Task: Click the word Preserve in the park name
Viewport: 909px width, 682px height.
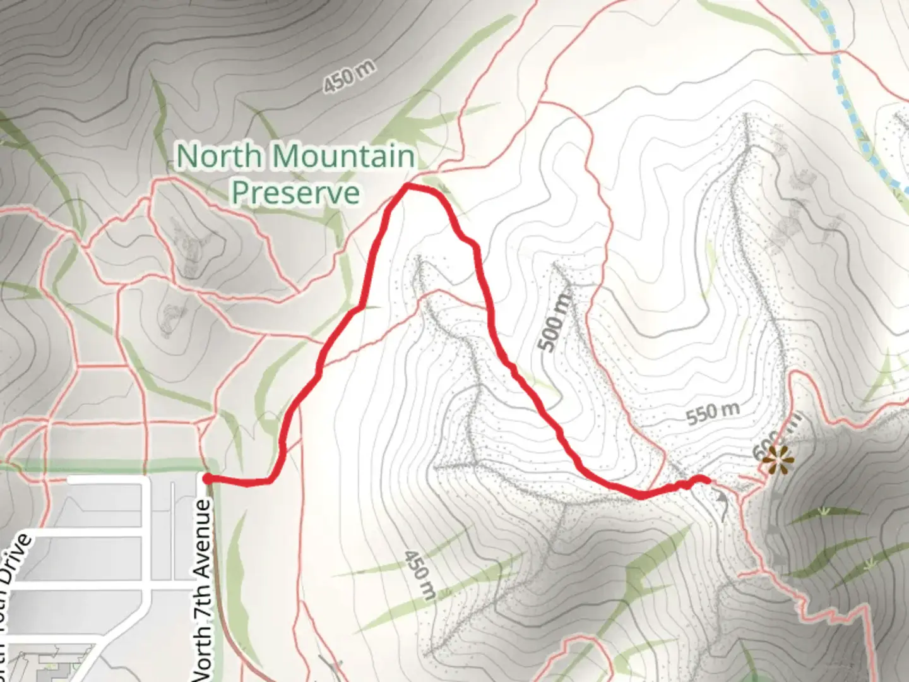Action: point(295,192)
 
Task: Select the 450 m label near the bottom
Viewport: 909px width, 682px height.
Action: point(420,574)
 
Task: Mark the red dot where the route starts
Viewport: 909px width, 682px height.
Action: point(207,479)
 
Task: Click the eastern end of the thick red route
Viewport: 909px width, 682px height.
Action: point(708,481)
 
